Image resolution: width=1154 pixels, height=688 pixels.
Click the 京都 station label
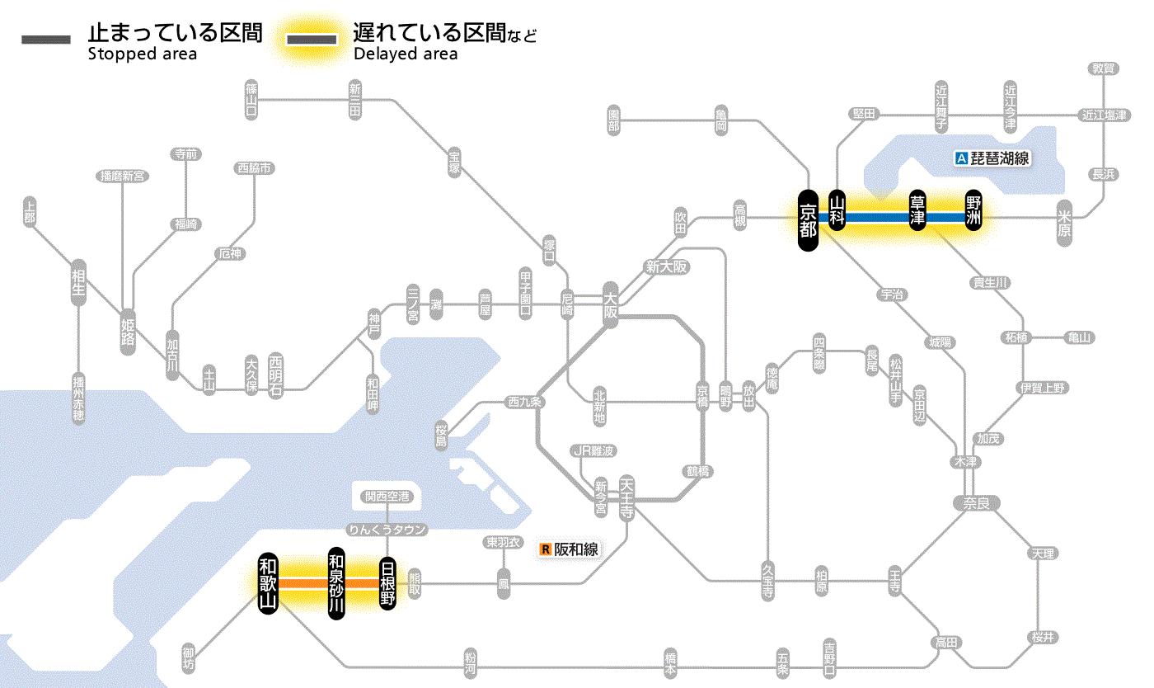point(808,219)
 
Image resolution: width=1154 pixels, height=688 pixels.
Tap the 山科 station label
point(837,210)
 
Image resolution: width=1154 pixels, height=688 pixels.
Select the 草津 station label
point(917,210)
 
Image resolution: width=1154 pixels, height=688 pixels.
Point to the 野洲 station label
point(974,210)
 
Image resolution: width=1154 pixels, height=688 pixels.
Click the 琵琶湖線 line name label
point(1000,158)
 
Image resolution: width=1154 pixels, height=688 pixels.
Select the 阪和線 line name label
point(575,549)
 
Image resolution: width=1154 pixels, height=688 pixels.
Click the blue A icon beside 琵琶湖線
point(960,158)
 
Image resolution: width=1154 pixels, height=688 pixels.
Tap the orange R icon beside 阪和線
point(545,549)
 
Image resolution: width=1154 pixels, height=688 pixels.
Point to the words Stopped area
point(142,54)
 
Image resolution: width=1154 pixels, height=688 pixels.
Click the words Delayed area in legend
point(405,54)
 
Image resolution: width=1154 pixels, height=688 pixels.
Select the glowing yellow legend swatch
point(311,40)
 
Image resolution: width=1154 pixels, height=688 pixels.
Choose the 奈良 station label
point(976,502)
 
